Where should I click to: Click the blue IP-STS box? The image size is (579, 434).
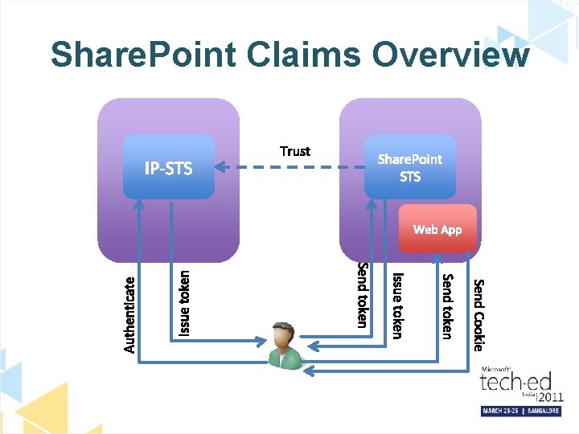[169, 167]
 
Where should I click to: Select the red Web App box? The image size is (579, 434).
[437, 229]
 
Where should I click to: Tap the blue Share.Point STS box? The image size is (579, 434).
[410, 167]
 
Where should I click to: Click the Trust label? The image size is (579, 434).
[295, 151]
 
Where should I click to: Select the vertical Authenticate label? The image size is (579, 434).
[129, 314]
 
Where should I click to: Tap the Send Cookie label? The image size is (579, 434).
[478, 314]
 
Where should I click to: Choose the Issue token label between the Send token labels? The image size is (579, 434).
[397, 305]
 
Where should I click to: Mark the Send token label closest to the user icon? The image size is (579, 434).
[363, 295]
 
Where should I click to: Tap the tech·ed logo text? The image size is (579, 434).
[507, 383]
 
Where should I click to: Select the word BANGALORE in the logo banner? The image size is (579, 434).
[544, 411]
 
